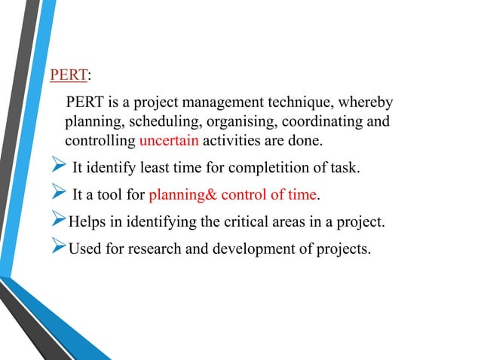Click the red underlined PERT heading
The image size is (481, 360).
[x=69, y=76]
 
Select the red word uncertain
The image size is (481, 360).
[x=170, y=141]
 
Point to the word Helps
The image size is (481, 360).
[x=85, y=222]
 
